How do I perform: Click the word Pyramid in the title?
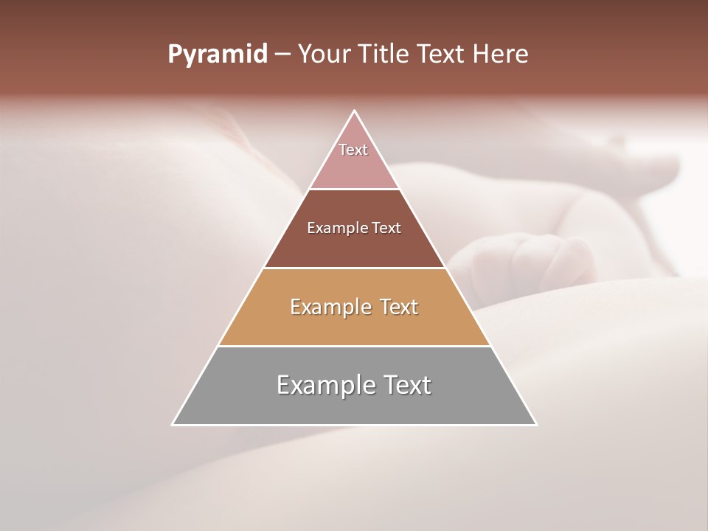217,55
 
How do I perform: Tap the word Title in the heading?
384,55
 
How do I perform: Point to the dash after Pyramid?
282,55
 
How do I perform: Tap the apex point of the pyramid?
355,111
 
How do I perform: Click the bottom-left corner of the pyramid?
173,425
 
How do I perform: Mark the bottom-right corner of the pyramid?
536,425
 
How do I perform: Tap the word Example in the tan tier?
330,307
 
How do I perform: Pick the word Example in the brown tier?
333,228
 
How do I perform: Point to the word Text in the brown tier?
387,228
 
